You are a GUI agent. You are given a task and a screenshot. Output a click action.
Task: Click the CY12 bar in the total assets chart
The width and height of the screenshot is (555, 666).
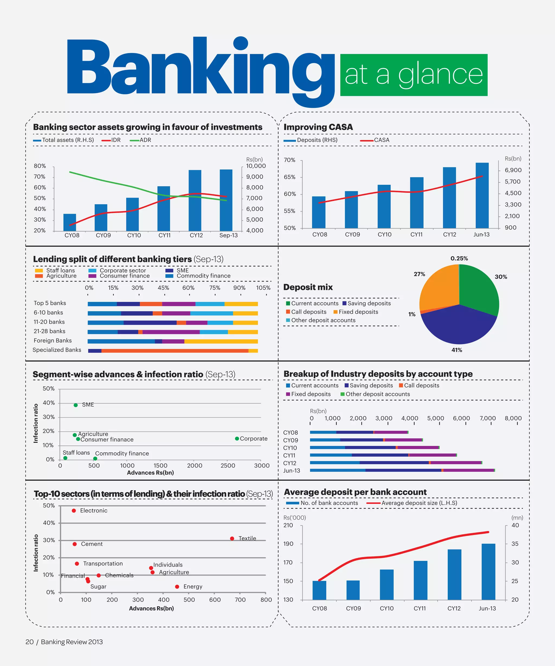[195, 201]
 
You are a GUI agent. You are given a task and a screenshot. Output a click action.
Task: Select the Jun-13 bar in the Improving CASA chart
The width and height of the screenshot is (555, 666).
[482, 195]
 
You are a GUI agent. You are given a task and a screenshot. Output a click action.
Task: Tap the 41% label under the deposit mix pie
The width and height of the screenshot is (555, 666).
[457, 350]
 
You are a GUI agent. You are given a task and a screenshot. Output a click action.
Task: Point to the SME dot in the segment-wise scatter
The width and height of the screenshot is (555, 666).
[76, 405]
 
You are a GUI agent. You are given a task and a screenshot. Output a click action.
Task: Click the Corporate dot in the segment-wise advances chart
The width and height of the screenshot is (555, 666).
[237, 439]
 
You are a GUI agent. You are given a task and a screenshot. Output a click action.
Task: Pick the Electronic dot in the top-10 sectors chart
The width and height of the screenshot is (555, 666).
[74, 510]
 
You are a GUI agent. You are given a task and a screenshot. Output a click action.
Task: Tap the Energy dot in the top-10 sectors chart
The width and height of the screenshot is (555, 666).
[177, 587]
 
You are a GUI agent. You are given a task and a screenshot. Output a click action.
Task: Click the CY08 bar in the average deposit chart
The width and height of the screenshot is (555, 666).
[319, 590]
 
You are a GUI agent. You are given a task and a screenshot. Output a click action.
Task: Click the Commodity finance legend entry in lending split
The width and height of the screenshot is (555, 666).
[203, 276]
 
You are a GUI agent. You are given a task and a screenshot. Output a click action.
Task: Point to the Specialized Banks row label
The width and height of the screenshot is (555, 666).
[57, 350]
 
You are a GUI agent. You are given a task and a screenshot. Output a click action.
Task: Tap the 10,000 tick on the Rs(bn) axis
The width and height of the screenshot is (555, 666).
[256, 166]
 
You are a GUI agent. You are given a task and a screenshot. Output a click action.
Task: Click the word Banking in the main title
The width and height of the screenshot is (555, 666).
[200, 68]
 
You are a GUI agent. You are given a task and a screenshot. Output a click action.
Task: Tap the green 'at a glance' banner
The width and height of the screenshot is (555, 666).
[414, 75]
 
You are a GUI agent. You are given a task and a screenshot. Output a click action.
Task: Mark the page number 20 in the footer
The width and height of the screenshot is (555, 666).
[30, 642]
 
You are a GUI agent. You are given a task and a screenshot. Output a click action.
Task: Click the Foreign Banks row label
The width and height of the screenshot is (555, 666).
[53, 341]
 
